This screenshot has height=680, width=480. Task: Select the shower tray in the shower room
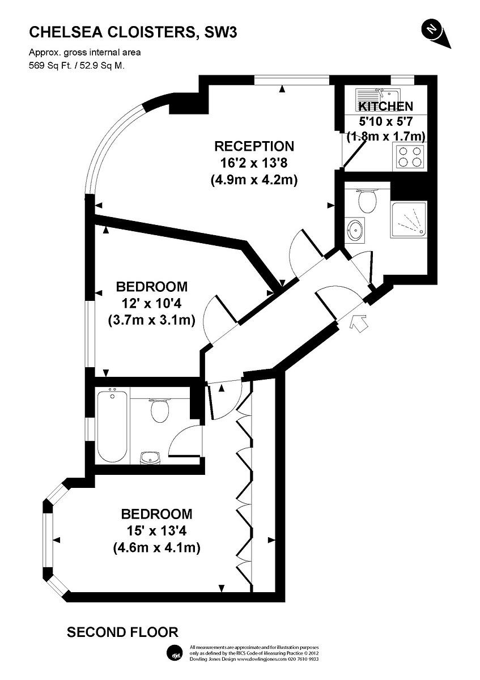click(409, 219)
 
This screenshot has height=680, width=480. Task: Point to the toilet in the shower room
click(367, 199)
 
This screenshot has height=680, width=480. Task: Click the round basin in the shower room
click(355, 230)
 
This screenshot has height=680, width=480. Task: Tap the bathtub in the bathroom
click(112, 427)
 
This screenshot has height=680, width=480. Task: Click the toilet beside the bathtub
click(159, 410)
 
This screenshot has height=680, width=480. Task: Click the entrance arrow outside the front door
click(358, 324)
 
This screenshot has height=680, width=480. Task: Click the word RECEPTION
click(254, 146)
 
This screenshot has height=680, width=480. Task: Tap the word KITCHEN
click(386, 107)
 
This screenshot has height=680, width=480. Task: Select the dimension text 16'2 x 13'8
click(253, 163)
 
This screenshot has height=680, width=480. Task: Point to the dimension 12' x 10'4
click(151, 303)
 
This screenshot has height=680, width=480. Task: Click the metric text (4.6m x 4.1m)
click(156, 547)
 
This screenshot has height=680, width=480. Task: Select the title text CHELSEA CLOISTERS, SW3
click(133, 32)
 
